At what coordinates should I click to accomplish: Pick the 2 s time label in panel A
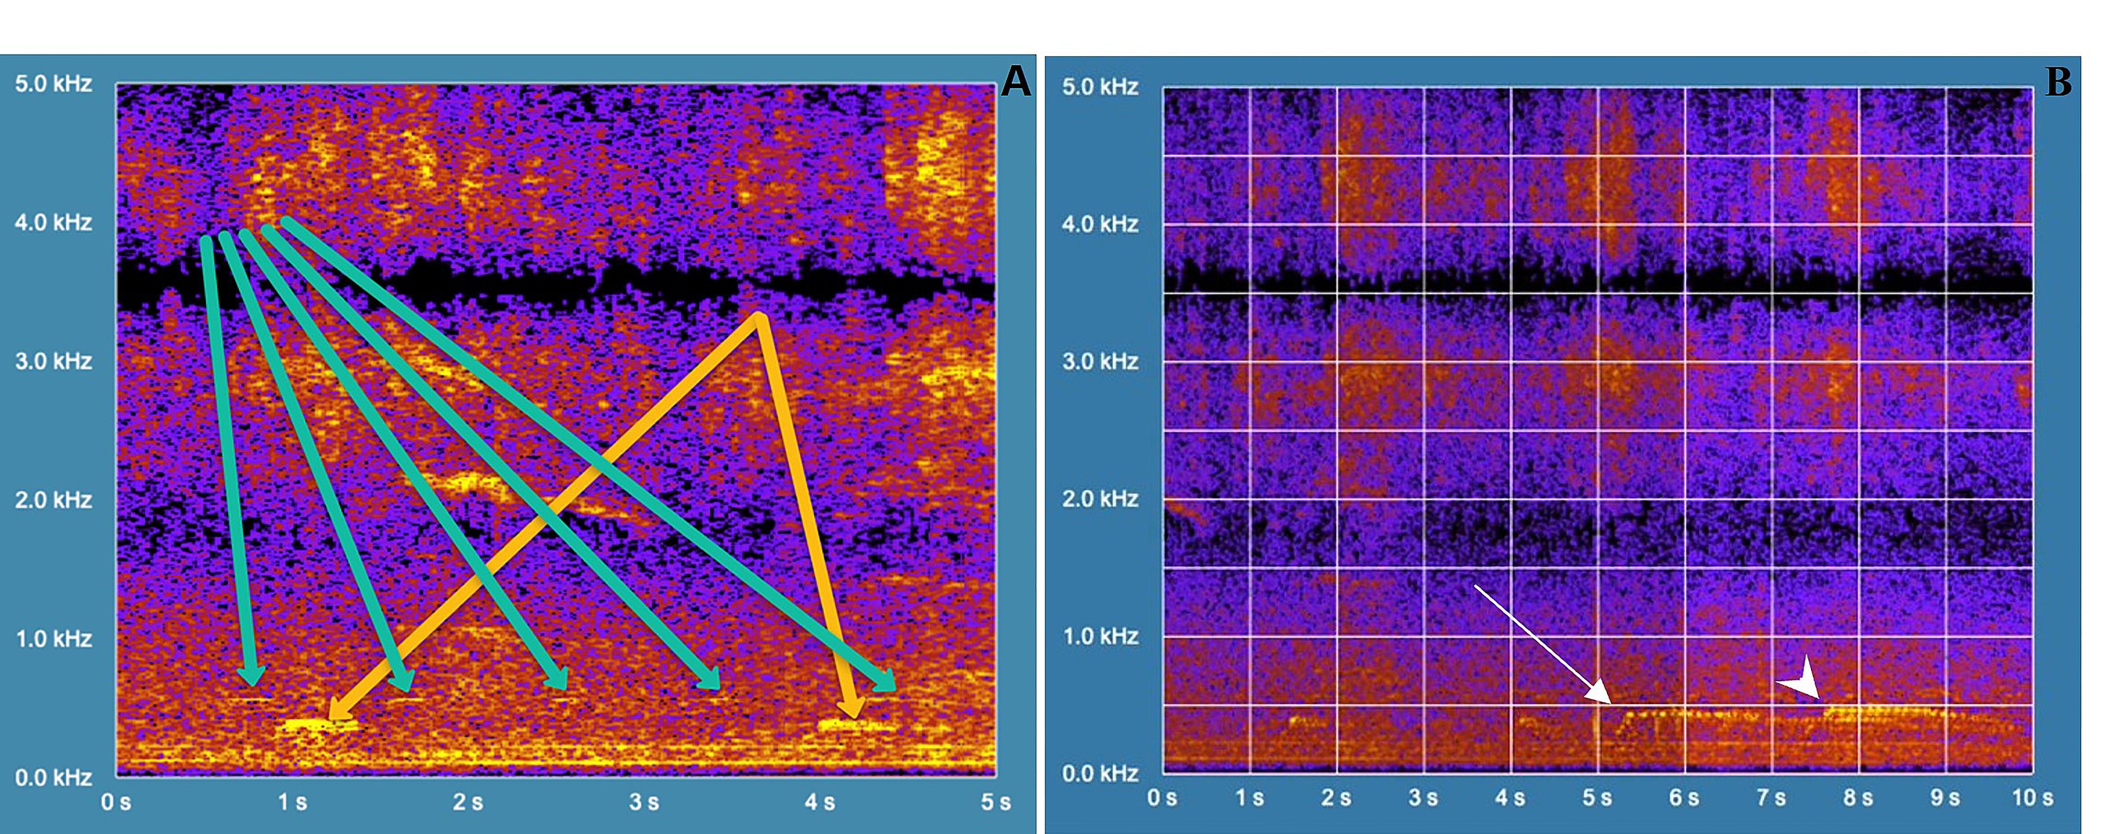click(x=468, y=802)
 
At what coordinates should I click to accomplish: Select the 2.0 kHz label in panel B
click(x=1100, y=498)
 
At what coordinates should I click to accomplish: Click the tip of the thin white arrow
click(x=1610, y=702)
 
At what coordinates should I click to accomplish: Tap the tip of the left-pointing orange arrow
click(x=329, y=719)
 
